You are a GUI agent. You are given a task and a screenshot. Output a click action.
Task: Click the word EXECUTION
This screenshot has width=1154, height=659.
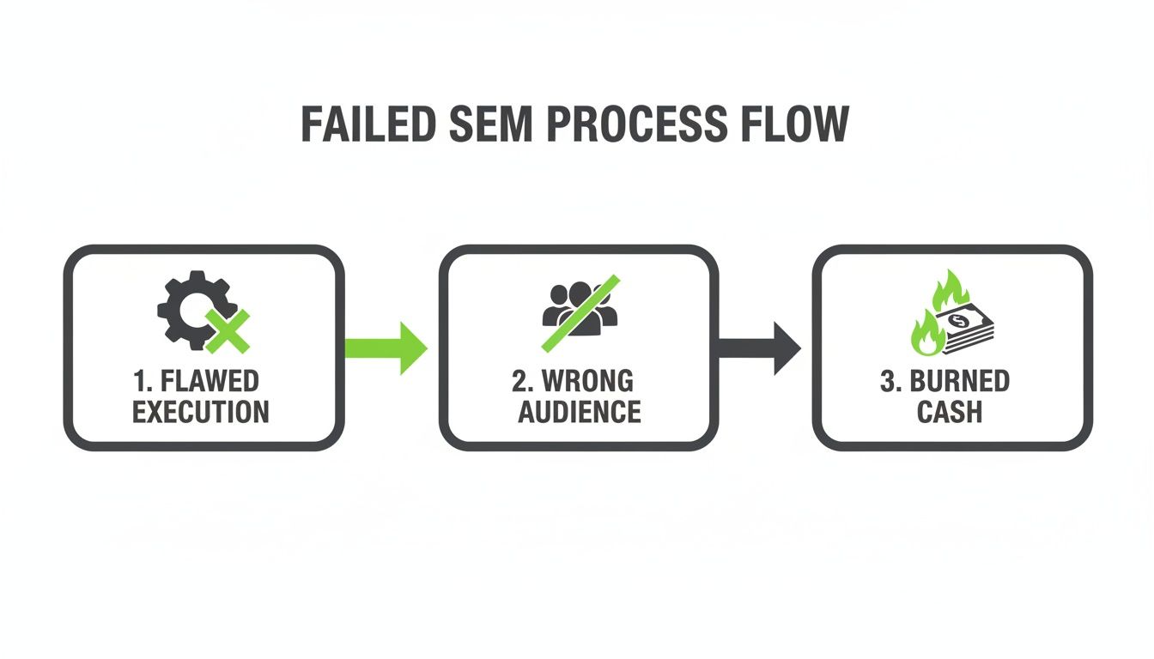(201, 412)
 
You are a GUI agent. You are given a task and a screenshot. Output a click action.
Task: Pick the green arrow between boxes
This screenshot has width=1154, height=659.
(386, 348)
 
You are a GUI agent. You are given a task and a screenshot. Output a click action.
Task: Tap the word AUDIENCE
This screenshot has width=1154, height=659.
(579, 412)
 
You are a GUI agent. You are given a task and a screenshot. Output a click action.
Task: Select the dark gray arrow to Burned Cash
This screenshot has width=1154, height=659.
(759, 348)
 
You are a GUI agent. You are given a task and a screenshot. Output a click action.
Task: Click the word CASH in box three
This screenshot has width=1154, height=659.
(950, 412)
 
